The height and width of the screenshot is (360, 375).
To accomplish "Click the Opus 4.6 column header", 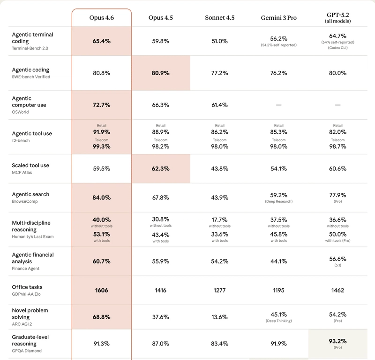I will pyautogui.click(x=101, y=18).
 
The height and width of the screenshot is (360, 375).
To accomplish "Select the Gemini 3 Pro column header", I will pyautogui.click(x=278, y=18).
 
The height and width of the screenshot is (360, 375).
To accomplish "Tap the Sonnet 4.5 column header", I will pyautogui.click(x=219, y=18).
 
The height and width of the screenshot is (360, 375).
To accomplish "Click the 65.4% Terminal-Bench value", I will pyautogui.click(x=101, y=41).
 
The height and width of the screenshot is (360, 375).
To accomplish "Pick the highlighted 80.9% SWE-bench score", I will pyautogui.click(x=160, y=73).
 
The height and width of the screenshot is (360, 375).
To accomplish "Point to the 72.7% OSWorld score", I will pyautogui.click(x=101, y=105).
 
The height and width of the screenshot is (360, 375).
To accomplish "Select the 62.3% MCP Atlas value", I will pyautogui.click(x=160, y=169).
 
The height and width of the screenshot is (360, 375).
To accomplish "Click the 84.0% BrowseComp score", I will pyautogui.click(x=101, y=198).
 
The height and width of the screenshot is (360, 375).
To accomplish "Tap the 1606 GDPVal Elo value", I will pyautogui.click(x=101, y=291).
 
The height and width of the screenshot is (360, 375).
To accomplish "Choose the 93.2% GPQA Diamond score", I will pyautogui.click(x=337, y=341).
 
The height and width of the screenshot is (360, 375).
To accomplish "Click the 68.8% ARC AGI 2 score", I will pyautogui.click(x=101, y=317).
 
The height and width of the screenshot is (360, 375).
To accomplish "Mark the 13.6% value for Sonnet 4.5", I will pyautogui.click(x=219, y=317).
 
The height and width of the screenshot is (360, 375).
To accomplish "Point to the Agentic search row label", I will pyautogui.click(x=30, y=194).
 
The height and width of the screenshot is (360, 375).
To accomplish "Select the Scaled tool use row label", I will pyautogui.click(x=30, y=165).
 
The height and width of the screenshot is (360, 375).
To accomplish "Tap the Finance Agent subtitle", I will pyautogui.click(x=26, y=268).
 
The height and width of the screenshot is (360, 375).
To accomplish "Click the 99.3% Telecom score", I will pyautogui.click(x=101, y=147).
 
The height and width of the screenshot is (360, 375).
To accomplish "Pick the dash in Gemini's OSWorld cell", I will pyautogui.click(x=278, y=105).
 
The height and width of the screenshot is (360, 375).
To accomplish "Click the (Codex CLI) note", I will pyautogui.click(x=337, y=48).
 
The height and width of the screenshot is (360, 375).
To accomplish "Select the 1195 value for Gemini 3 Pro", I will pyautogui.click(x=278, y=291).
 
